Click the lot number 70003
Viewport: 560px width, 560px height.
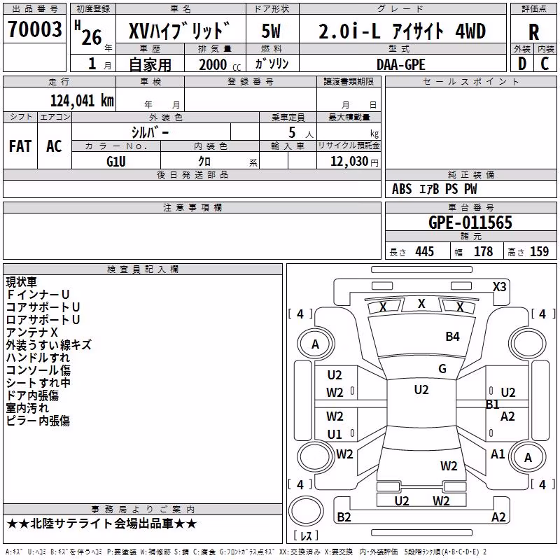(x=34, y=29)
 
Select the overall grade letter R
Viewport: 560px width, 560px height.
(x=533, y=31)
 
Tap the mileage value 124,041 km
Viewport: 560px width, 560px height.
(x=82, y=101)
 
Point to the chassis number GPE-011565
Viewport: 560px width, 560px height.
(x=470, y=223)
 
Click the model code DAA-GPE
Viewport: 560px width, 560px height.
(x=401, y=64)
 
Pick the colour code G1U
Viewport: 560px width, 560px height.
(x=115, y=162)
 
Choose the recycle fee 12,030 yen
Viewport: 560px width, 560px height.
(x=354, y=162)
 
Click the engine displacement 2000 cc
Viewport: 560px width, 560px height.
(x=220, y=64)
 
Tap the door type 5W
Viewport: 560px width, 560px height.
(x=271, y=31)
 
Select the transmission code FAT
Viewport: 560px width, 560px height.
(x=20, y=146)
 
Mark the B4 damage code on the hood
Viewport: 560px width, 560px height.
(x=452, y=337)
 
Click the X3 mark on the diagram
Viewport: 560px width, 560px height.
(x=499, y=287)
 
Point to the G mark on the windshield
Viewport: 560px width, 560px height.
(x=442, y=369)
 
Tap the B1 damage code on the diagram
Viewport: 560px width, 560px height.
(x=492, y=405)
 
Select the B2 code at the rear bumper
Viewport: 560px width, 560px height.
(x=344, y=517)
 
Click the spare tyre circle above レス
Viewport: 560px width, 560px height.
(x=306, y=511)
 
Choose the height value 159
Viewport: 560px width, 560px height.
(x=539, y=251)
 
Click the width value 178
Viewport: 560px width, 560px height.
(x=483, y=251)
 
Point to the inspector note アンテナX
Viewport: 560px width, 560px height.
(x=31, y=332)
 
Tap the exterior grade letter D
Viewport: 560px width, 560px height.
(x=522, y=64)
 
